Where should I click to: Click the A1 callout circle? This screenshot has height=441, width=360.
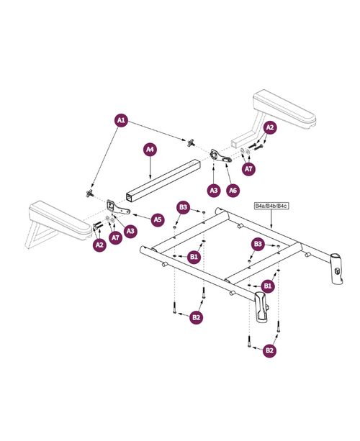click(x=121, y=120)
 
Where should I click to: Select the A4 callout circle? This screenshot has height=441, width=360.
click(x=150, y=150)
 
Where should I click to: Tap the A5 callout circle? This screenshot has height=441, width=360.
click(x=157, y=218)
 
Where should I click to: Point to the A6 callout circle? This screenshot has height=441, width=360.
click(x=233, y=191)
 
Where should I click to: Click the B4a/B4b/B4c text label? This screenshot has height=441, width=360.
click(x=271, y=206)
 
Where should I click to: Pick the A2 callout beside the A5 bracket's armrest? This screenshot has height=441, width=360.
click(x=99, y=245)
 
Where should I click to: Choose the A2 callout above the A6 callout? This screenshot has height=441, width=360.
click(x=270, y=128)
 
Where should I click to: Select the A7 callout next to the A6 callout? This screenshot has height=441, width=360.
click(x=248, y=169)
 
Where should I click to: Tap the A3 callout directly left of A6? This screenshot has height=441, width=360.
click(x=213, y=191)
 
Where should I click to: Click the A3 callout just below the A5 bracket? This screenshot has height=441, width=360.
click(x=130, y=231)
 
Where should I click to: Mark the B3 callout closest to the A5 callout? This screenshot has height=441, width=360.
click(x=183, y=208)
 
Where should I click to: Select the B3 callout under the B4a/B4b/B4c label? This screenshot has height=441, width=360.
click(x=257, y=244)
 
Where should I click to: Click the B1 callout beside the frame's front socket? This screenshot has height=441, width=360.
click(x=267, y=286)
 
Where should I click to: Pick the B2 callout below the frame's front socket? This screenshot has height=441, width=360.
click(x=269, y=350)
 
